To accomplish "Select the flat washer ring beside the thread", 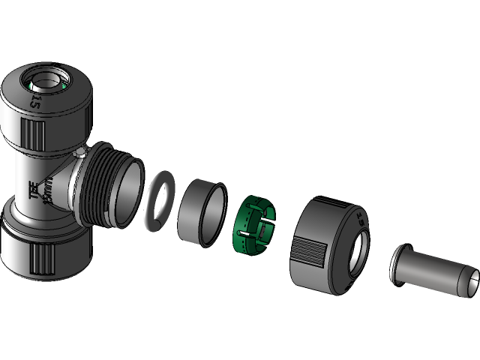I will (159, 200).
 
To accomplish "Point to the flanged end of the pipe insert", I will (398, 264).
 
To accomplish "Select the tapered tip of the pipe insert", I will (471, 280).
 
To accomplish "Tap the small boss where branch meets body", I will (79, 155).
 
